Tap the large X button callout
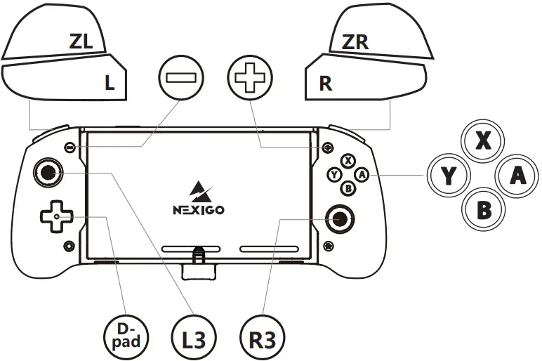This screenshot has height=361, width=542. [483, 141]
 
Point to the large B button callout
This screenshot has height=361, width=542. [483, 209]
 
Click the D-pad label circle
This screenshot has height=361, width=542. [126, 334]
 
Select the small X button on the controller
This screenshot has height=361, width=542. [348, 162]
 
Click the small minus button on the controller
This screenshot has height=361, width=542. [70, 148]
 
